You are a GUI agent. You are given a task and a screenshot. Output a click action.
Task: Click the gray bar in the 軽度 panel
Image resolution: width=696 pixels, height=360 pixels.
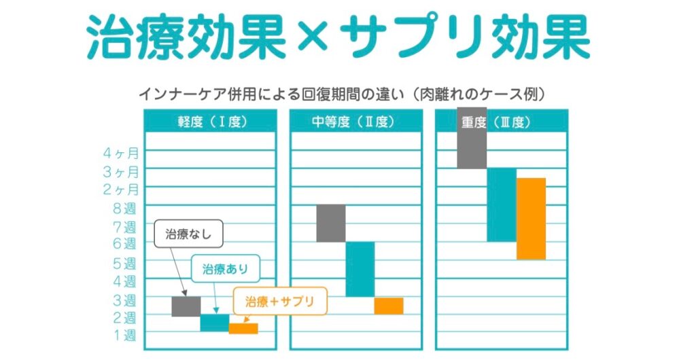pyautogui.click(x=186, y=306)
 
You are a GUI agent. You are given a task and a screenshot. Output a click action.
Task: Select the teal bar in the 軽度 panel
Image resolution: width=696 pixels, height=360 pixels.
pyautogui.click(x=214, y=323)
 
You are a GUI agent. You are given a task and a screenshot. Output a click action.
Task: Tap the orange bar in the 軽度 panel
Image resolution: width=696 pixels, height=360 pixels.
pyautogui.click(x=243, y=329)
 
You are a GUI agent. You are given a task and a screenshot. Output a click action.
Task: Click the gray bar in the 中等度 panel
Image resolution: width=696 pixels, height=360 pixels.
pyautogui.click(x=330, y=223)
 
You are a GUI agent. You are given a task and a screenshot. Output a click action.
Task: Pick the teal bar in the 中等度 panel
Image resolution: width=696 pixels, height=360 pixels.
pyautogui.click(x=360, y=269)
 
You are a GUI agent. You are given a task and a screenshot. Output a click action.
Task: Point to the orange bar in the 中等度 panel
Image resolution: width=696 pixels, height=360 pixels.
pyautogui.click(x=388, y=306)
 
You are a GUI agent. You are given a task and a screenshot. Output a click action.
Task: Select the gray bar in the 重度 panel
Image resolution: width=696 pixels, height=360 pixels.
pyautogui.click(x=471, y=138)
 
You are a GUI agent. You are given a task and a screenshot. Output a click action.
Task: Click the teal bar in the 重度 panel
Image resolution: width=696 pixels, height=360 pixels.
pyautogui.click(x=501, y=204)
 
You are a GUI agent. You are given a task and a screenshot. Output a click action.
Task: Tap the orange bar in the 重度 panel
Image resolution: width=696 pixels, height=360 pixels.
pyautogui.click(x=531, y=218)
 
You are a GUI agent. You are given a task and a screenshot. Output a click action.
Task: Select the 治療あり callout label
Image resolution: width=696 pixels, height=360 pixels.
pyautogui.click(x=226, y=269)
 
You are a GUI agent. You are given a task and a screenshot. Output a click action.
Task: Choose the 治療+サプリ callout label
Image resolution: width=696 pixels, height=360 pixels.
pyautogui.click(x=280, y=301)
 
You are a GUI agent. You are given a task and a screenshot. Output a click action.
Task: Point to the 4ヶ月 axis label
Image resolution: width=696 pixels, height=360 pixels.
pyautogui.click(x=121, y=152)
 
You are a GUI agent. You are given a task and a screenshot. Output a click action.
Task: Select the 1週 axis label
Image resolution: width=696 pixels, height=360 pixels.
pyautogui.click(x=124, y=335)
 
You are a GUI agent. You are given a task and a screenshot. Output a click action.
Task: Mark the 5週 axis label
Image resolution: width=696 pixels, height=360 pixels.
pyautogui.click(x=124, y=263)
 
